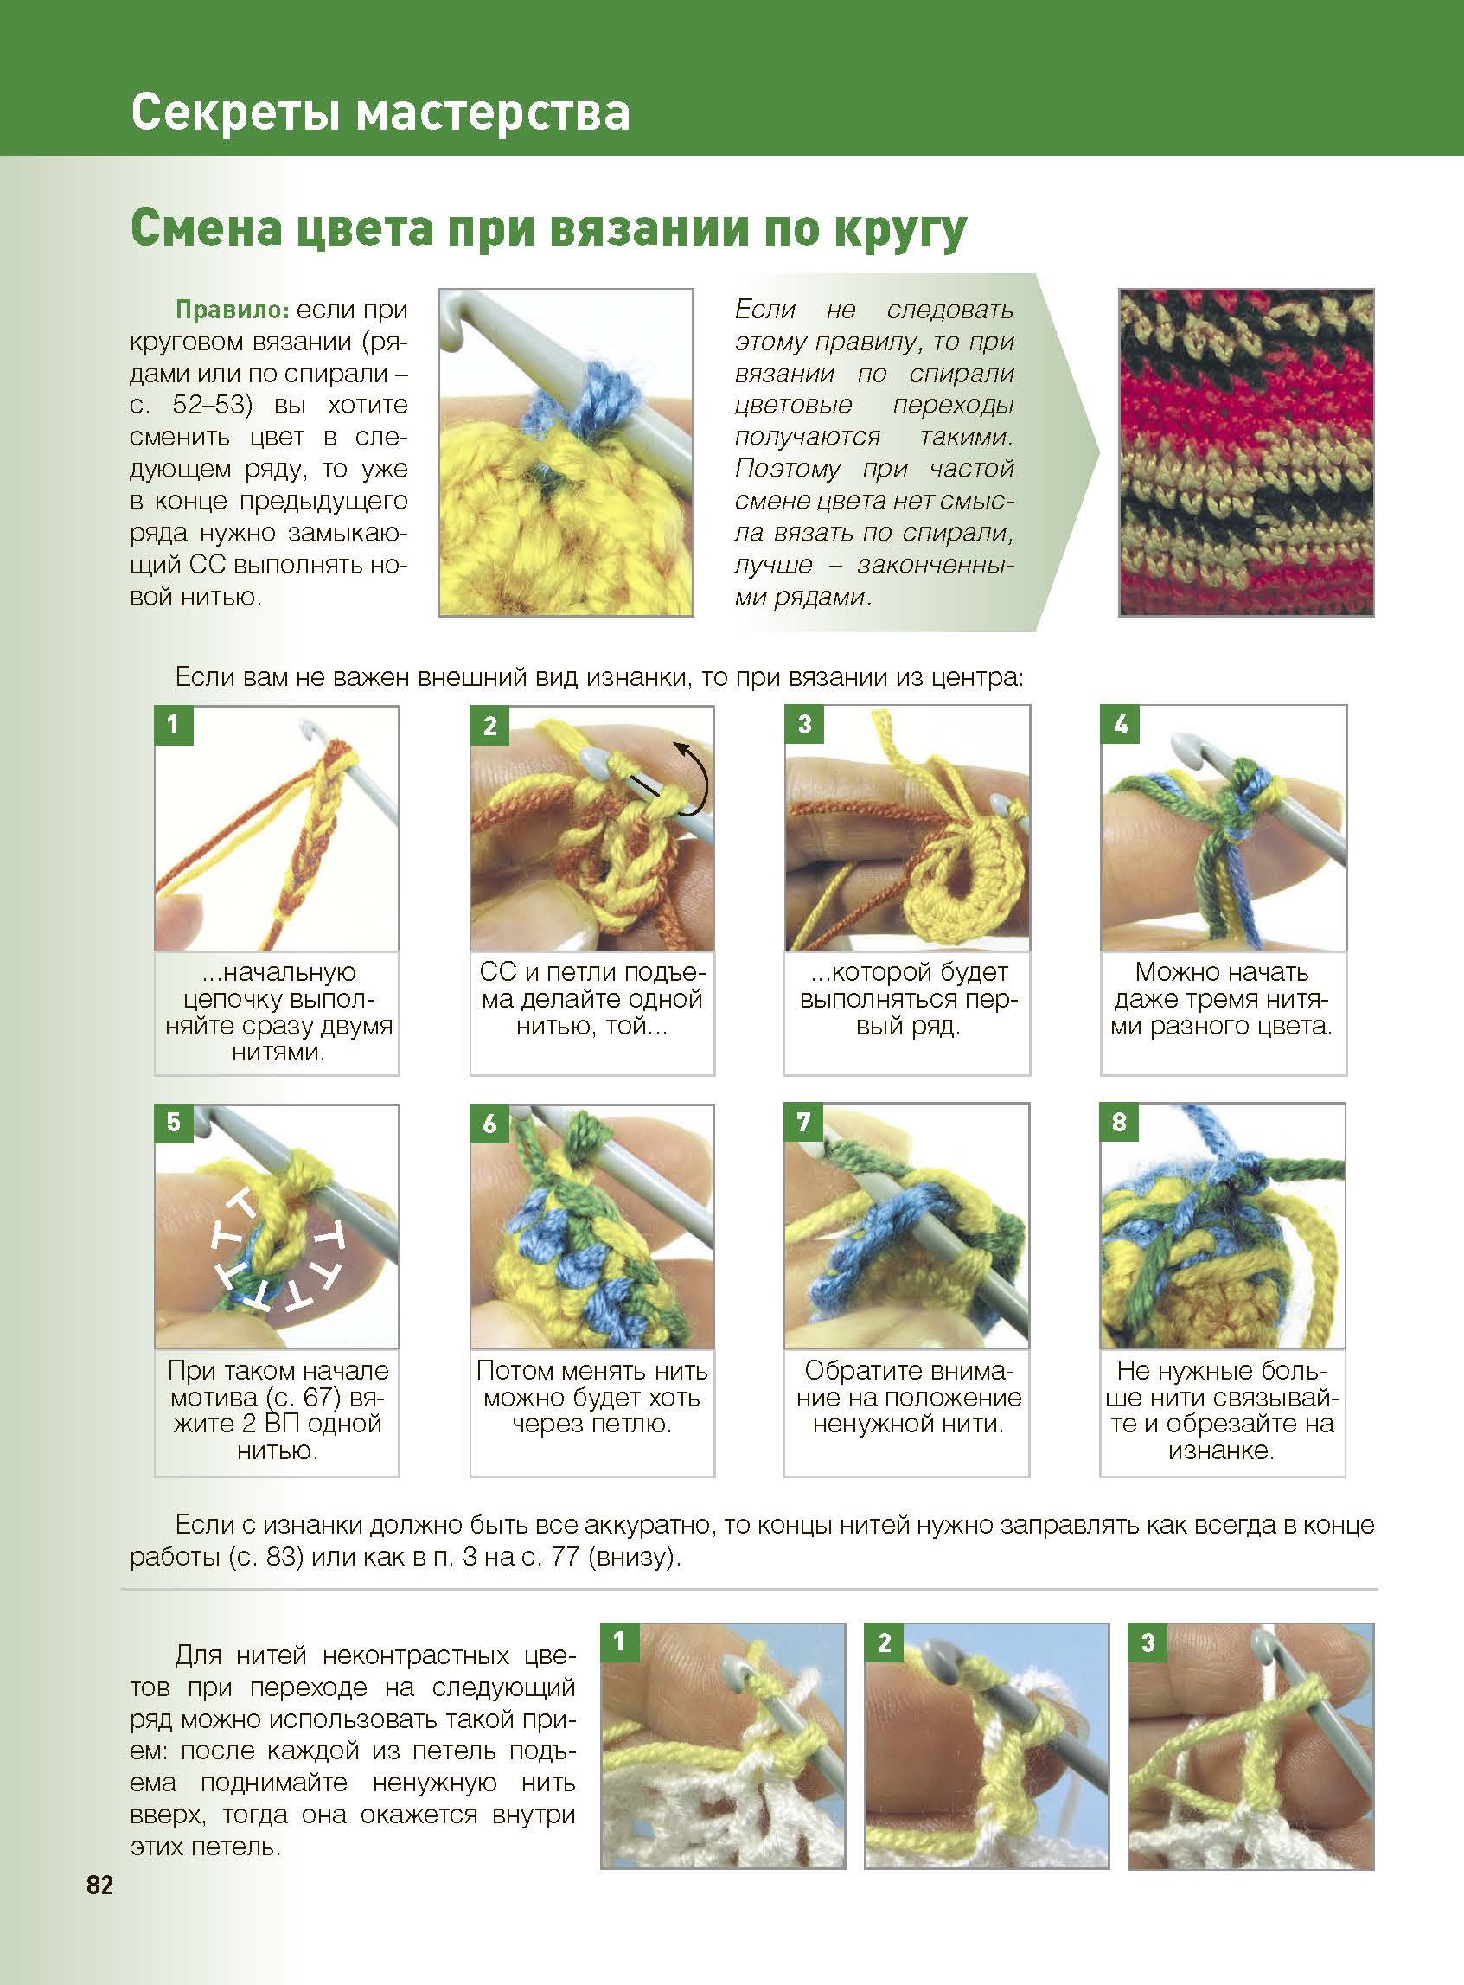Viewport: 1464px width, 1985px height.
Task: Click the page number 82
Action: (100, 1909)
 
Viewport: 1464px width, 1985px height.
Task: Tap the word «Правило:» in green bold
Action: (233, 311)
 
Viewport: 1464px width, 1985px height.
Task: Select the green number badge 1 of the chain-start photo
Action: (174, 725)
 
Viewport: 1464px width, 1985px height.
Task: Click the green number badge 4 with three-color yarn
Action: (1120, 725)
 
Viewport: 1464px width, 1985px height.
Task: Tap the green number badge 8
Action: (1119, 1123)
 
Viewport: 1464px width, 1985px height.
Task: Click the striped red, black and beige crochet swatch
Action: (1246, 452)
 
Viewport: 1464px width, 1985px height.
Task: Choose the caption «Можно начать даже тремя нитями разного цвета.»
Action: (1222, 999)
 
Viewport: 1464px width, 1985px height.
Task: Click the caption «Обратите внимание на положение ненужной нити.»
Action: (908, 1398)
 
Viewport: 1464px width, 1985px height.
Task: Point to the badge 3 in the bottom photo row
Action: (1148, 1642)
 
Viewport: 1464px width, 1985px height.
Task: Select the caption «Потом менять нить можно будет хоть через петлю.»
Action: (592, 1398)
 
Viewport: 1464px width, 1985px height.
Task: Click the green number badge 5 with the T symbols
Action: (174, 1123)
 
